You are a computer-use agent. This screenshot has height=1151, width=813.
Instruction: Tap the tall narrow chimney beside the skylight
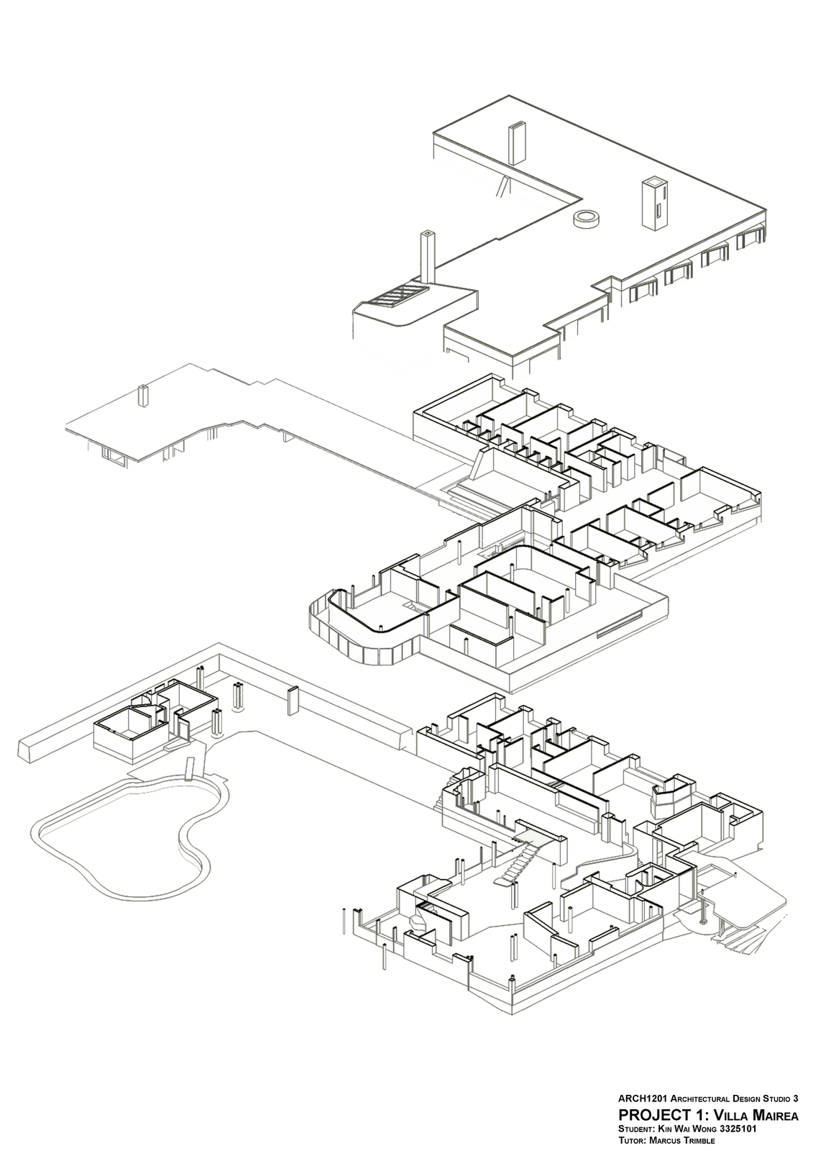pos(426,259)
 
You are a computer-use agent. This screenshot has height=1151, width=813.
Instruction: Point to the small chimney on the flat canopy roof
pos(144,396)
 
